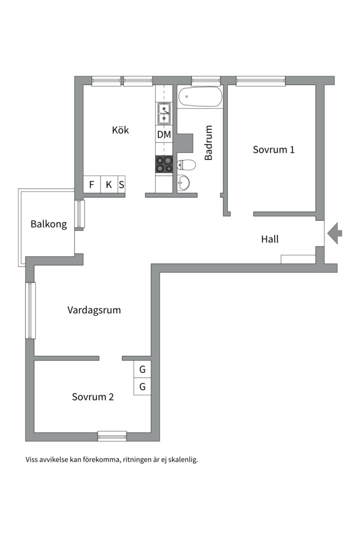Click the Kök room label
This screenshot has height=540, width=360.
[120, 130]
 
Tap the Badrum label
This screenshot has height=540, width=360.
[208, 142]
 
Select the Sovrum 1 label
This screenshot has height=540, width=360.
[273, 149]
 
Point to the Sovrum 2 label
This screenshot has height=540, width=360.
[92, 396]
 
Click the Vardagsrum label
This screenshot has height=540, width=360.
[94, 310]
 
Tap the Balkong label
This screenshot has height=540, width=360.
[48, 224]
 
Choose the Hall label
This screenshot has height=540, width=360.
[269, 239]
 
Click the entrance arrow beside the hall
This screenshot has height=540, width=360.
[334, 233]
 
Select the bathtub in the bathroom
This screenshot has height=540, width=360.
[200, 97]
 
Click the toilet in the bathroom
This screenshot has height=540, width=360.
[186, 165]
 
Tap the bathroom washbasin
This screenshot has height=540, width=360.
[183, 183]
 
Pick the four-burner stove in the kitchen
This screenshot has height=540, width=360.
[163, 164]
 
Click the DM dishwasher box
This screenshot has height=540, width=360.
[164, 134]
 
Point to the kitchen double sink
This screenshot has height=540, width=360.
[164, 113]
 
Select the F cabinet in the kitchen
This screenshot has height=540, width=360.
[91, 184]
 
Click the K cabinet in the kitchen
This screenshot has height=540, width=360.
[109, 184]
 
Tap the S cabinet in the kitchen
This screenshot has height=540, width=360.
[121, 184]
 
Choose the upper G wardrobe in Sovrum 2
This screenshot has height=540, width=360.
[142, 369]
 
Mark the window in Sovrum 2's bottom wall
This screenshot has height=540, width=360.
[112, 436]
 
